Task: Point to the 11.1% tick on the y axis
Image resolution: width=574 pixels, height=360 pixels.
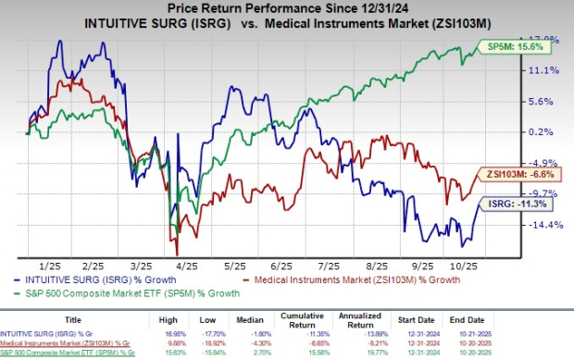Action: pos(546,69)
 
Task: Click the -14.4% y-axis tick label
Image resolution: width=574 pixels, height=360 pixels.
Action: pos(545,224)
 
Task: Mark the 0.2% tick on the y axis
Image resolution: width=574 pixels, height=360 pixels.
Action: pos(546,131)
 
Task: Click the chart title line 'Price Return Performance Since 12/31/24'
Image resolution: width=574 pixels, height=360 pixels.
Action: pos(286,8)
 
